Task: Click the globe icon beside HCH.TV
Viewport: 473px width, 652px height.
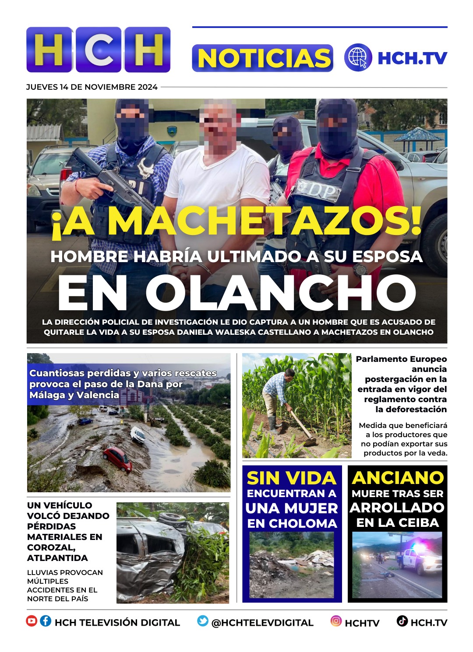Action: (x=358, y=57)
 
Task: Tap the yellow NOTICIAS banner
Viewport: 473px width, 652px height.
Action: (x=263, y=58)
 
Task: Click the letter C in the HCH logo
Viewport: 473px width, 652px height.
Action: (x=99, y=49)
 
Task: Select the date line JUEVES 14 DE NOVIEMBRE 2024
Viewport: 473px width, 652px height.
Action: (x=92, y=87)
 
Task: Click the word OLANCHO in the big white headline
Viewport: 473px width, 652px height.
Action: (x=280, y=293)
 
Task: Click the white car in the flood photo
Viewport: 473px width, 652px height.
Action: (x=138, y=435)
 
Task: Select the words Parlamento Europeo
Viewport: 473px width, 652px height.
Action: (x=401, y=359)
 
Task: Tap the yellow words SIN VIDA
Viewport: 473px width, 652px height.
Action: (x=291, y=478)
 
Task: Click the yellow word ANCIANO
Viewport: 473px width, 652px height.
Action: (x=398, y=478)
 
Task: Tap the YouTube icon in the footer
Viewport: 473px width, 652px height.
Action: (x=32, y=621)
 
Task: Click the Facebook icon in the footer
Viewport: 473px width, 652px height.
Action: (x=46, y=621)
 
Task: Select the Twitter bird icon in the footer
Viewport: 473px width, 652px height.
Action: (x=203, y=621)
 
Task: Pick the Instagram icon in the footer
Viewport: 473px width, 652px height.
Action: (x=336, y=621)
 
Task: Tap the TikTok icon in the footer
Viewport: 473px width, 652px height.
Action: (x=402, y=621)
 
